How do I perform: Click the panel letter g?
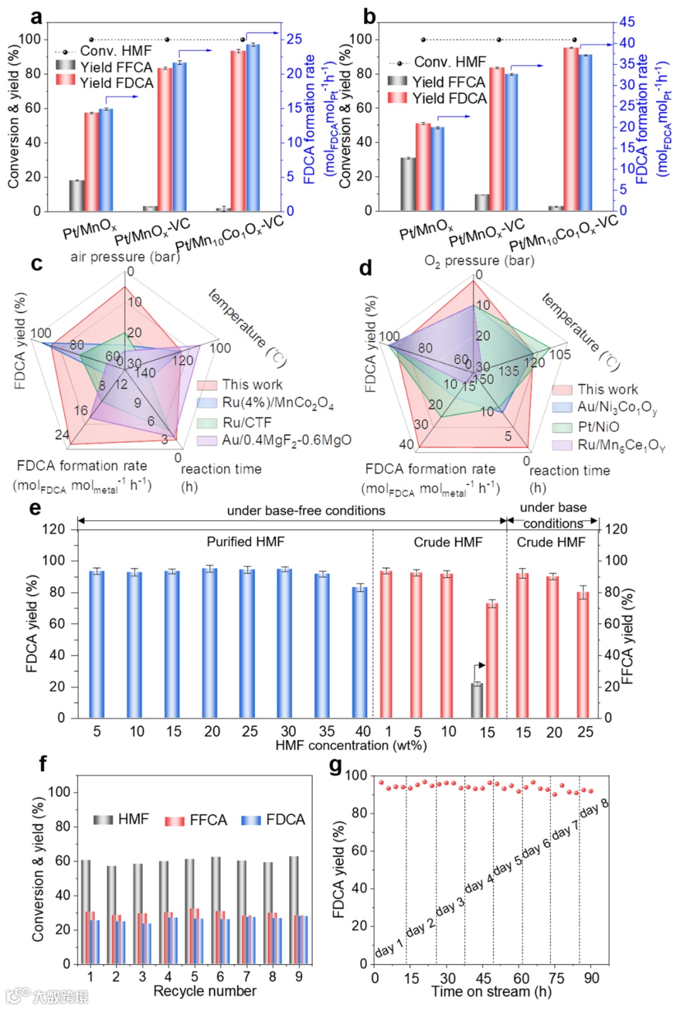pos(336,766)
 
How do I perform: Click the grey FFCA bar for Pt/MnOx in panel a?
pos(77,196)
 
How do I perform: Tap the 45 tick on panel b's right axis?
pos(626,22)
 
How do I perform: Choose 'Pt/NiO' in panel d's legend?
pos(598,426)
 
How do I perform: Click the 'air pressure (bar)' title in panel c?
pos(125,257)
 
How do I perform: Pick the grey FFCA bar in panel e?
pos(477,700)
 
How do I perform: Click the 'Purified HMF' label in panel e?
pos(246,542)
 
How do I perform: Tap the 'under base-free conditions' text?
pos(306,511)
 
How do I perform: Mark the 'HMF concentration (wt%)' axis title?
pos(351,745)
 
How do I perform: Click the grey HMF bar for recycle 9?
pos(293,910)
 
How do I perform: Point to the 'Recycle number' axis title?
pos(205,991)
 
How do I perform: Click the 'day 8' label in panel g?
pos(594,808)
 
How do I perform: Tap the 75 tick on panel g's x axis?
pos(556,978)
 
